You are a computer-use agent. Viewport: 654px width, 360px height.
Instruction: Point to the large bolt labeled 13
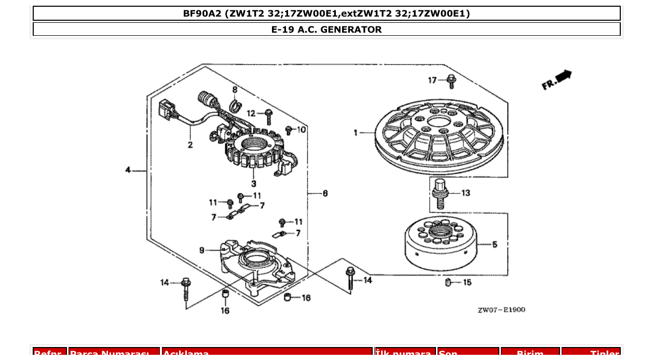pyautogui.click(x=440, y=193)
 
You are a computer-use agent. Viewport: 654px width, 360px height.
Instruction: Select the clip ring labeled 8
pyautogui.click(x=235, y=106)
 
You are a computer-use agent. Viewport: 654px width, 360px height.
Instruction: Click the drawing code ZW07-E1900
pyautogui.click(x=501, y=310)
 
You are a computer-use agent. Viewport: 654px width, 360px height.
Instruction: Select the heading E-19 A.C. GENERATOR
pyautogui.click(x=326, y=30)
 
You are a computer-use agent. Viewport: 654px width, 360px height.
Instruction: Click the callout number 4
pyautogui.click(x=128, y=170)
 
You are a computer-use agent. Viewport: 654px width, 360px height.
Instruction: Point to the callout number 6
pyautogui.click(x=325, y=193)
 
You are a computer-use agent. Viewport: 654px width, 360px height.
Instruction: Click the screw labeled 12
pyautogui.click(x=268, y=114)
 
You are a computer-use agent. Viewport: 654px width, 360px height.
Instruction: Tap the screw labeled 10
pyautogui.click(x=289, y=130)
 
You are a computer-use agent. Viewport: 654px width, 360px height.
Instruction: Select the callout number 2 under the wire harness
pyautogui.click(x=190, y=145)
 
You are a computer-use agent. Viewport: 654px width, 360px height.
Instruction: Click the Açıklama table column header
pyautogui.click(x=267, y=353)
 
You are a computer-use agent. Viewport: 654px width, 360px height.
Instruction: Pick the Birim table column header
pyautogui.click(x=530, y=353)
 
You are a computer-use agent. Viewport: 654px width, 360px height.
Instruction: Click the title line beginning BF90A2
pyautogui.click(x=326, y=13)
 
